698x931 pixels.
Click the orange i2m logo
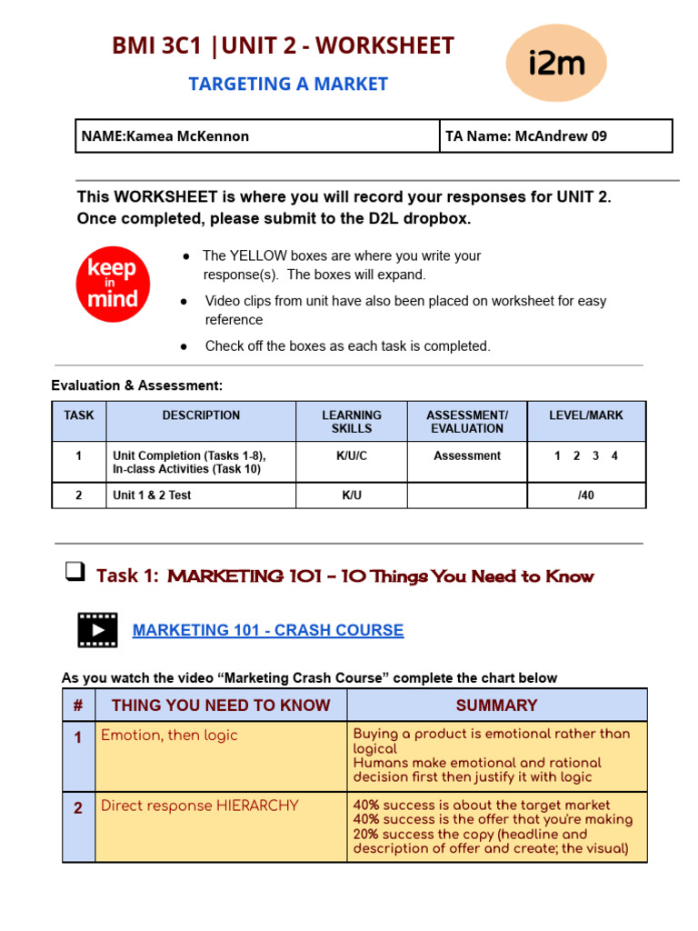556,63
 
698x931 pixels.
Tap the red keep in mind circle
113,284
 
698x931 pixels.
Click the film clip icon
97,630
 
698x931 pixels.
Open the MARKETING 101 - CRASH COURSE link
268,630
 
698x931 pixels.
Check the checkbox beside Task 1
75,573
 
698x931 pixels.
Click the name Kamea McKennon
187,136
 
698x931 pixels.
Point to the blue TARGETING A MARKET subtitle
288,84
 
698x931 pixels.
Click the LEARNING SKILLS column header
351,422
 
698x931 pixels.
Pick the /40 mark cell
586,496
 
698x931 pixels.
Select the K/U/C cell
351,455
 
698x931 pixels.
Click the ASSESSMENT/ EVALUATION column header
467,422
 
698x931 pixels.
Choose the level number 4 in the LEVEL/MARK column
614,455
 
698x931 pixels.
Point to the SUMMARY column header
496,705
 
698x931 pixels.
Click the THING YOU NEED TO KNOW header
221,705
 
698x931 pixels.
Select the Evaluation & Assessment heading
136,385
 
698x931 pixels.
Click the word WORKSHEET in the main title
384,45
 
